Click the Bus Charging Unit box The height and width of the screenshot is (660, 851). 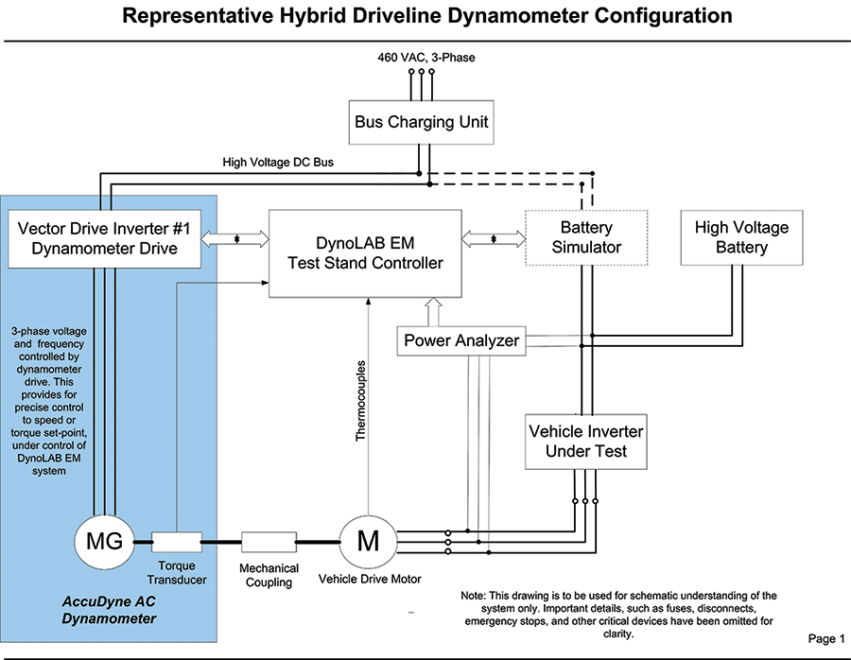tap(421, 122)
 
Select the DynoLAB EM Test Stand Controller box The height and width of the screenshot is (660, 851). tap(365, 252)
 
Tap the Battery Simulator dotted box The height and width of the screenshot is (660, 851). tap(585, 237)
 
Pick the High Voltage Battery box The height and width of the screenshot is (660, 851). tap(741, 237)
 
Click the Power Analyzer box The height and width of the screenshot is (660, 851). tap(461, 340)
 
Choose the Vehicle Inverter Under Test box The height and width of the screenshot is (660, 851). tap(585, 441)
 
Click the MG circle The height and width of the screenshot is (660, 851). tap(104, 543)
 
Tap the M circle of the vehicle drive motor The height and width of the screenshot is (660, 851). tap(366, 542)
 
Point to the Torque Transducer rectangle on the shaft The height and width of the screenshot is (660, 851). tap(176, 543)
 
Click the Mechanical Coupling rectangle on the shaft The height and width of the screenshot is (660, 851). tap(269, 543)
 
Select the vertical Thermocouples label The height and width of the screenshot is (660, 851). tap(360, 401)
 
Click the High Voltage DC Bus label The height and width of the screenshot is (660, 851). tap(277, 163)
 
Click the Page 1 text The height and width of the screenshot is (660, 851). tap(827, 639)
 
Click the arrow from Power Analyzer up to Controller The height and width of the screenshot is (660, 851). tap(434, 310)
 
